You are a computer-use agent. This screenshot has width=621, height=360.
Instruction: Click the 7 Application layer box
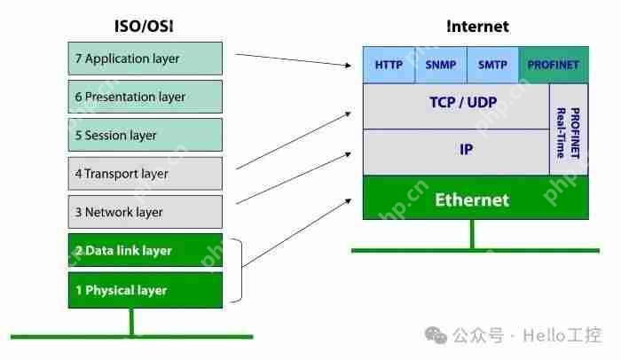point(145,59)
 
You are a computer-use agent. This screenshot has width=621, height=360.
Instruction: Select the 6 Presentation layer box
point(145,97)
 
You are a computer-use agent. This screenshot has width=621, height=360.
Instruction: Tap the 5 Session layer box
point(145,135)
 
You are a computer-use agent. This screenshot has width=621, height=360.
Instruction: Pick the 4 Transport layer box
point(145,174)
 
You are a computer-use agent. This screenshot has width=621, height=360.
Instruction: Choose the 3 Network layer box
point(145,212)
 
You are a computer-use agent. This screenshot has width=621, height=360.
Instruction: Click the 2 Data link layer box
point(145,250)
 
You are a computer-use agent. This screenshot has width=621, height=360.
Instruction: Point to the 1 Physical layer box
point(145,290)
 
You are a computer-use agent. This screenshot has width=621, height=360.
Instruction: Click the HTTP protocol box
point(389,65)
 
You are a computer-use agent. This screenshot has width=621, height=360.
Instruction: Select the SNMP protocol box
point(440,65)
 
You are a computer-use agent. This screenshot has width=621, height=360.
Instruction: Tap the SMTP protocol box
point(492,65)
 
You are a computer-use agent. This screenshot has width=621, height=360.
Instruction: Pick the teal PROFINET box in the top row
point(553,65)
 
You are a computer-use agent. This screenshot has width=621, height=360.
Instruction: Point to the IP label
point(466,150)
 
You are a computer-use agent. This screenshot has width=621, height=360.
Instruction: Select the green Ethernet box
point(472,199)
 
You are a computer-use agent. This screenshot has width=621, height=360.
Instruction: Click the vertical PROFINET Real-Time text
point(568,131)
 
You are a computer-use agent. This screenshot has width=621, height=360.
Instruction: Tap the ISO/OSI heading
point(145,26)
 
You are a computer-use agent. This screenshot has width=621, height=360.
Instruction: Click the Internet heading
point(477,26)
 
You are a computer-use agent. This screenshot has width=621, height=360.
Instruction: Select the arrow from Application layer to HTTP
point(293,59)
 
